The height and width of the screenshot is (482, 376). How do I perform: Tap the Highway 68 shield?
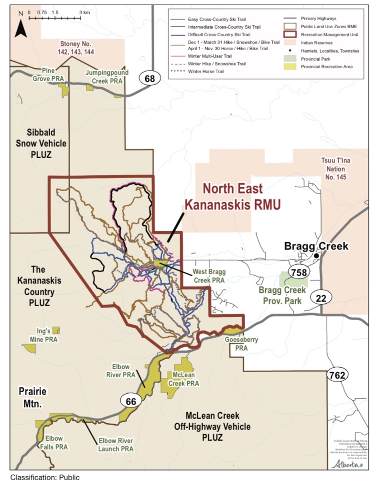coord(150,78)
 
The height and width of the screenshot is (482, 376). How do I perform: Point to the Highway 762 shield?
coord(337,375)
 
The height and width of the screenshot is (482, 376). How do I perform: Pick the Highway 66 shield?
coord(131,402)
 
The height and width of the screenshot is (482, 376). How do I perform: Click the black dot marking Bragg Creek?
coord(316,256)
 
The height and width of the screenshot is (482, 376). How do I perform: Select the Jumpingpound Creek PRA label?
coord(104,76)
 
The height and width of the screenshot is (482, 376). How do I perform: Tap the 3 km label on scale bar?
coord(85,12)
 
